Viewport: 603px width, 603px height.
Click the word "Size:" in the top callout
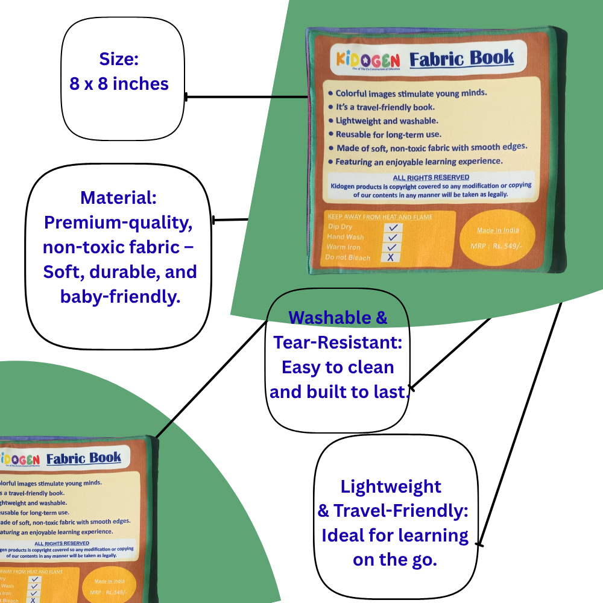coord(119,59)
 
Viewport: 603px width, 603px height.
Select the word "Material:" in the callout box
coord(118,198)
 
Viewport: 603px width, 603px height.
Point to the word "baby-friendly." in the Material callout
coord(120,296)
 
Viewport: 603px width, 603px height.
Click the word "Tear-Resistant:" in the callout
coord(338,343)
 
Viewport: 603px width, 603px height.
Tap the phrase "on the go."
coord(394,560)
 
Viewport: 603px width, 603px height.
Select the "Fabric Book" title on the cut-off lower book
coord(84,458)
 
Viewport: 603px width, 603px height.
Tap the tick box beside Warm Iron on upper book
coord(392,247)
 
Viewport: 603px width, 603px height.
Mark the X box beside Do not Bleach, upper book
coord(391,257)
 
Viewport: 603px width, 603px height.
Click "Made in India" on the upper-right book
coord(497,230)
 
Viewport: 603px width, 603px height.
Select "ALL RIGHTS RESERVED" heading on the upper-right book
coord(431,177)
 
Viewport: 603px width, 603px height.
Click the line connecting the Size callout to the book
coord(247,96)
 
